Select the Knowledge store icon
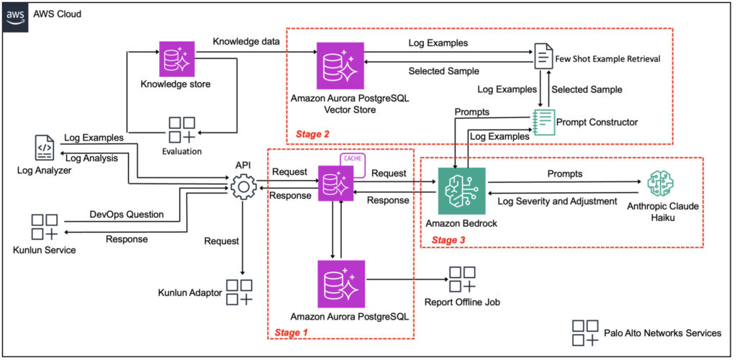176,59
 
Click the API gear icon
243,189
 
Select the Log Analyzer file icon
44,148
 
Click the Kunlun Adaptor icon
240,292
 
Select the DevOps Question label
125,215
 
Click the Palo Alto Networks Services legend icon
585,333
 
